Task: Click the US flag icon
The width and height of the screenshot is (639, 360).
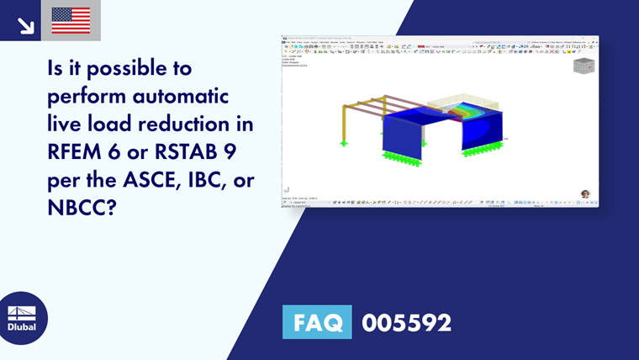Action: (71, 20)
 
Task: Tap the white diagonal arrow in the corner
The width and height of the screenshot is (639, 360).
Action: (25, 25)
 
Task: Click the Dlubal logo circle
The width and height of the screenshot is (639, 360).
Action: (22, 318)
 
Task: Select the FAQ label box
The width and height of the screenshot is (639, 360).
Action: (317, 323)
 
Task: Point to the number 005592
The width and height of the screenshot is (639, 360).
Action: (406, 323)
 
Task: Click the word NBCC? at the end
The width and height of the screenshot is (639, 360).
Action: (80, 207)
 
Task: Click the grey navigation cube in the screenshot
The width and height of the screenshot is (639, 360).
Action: (583, 66)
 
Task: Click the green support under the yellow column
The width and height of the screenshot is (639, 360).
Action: (344, 144)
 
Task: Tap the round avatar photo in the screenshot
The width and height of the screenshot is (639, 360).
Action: (585, 193)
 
